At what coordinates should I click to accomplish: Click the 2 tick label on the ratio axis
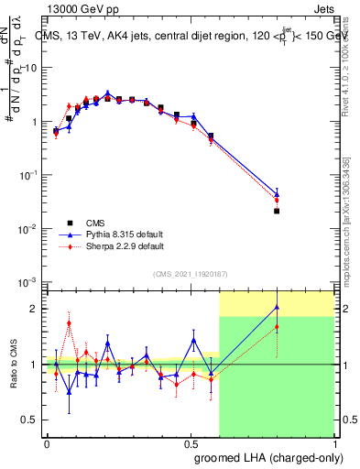[x=38, y=309]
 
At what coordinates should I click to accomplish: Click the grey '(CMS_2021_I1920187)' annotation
[x=190, y=273]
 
